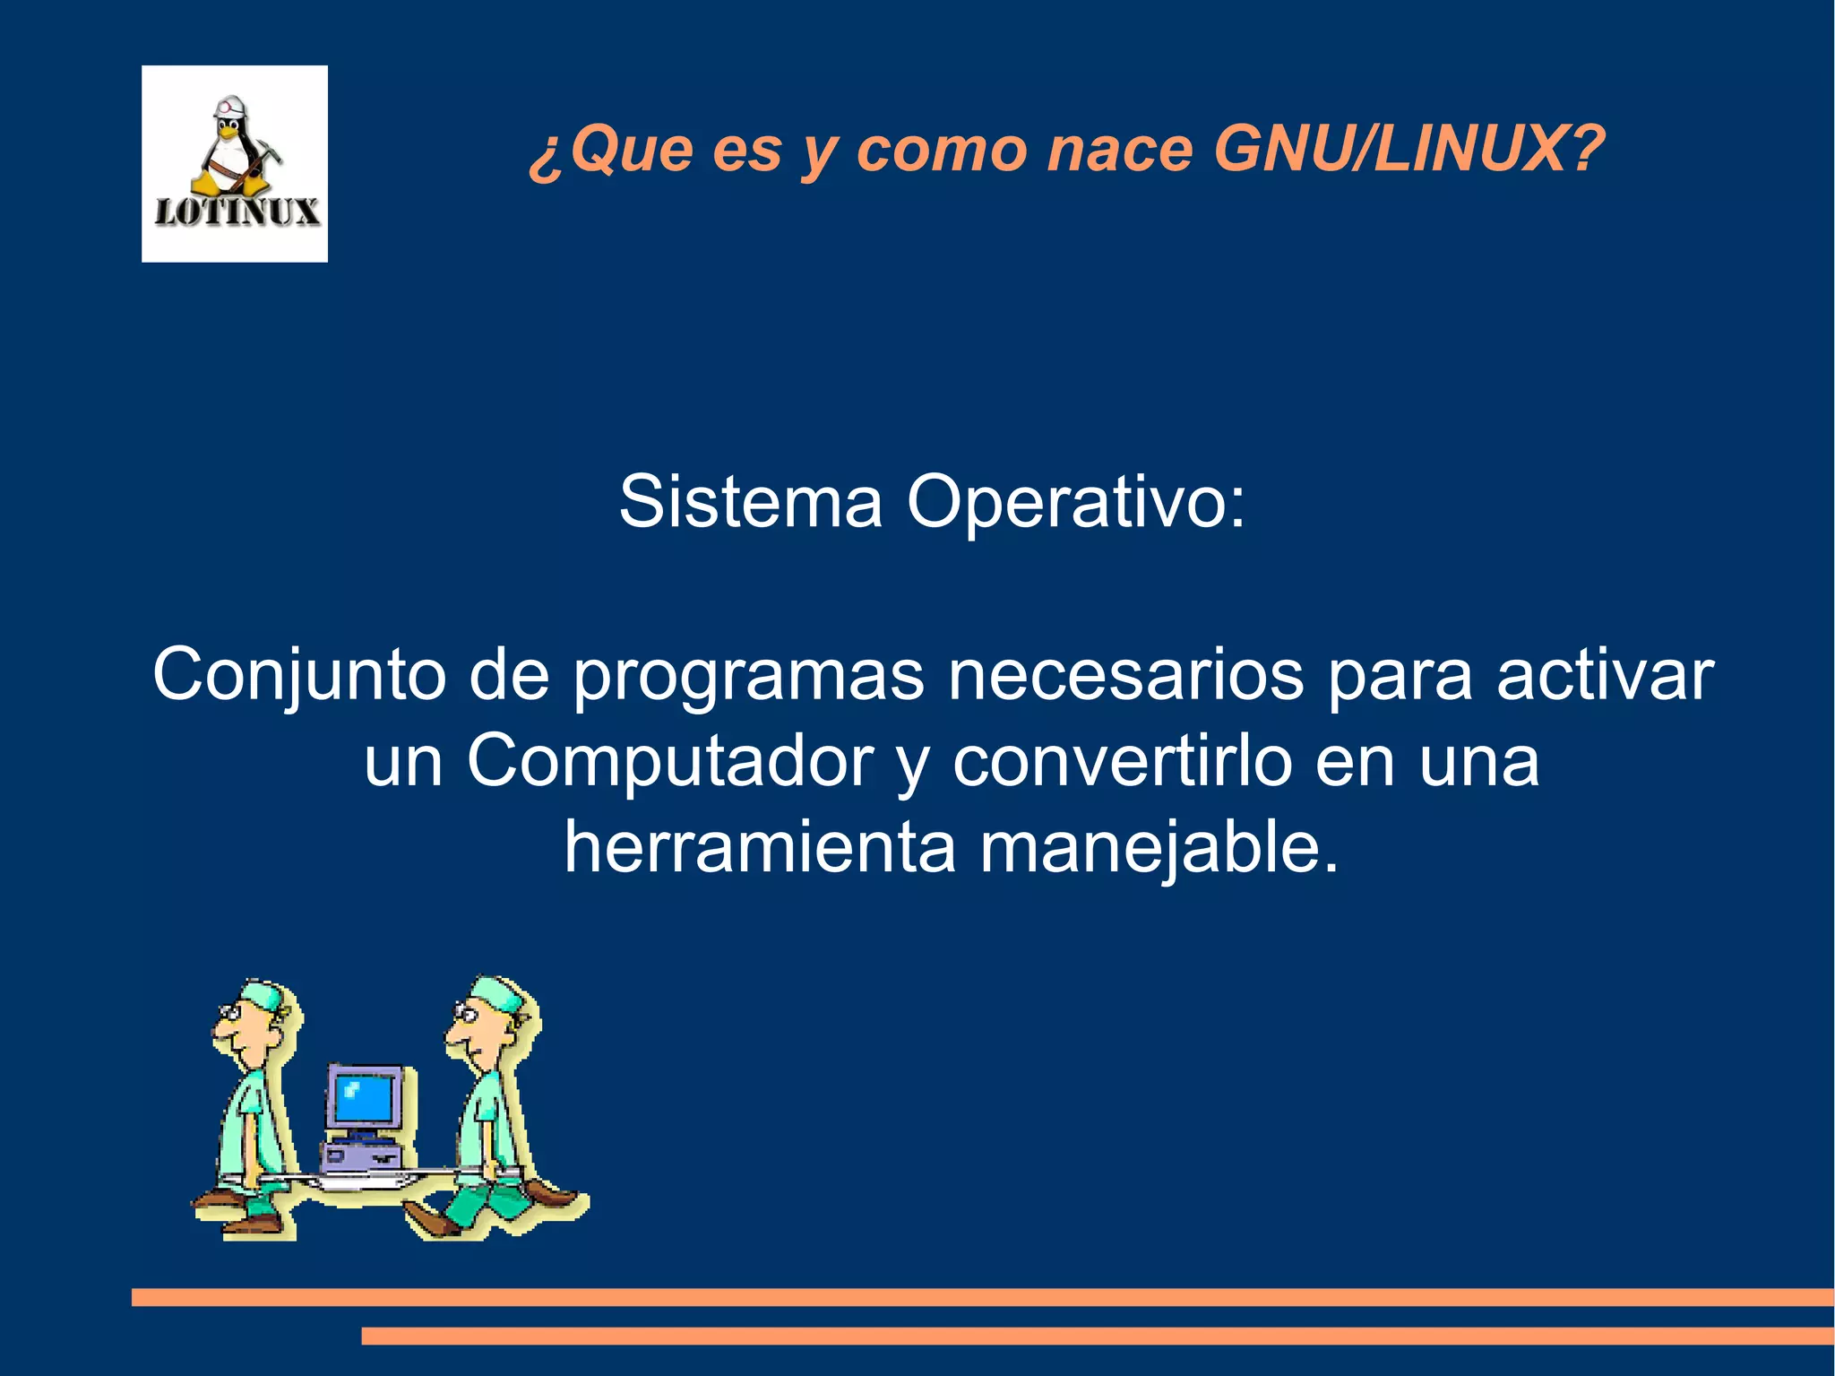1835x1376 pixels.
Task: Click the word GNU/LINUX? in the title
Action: pos(1408,149)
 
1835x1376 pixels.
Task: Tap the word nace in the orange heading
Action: pos(1120,149)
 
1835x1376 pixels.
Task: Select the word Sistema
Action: pos(751,502)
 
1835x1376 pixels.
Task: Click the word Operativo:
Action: pos(1075,504)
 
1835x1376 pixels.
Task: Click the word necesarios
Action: pos(1125,675)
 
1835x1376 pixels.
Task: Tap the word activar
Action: pos(1605,675)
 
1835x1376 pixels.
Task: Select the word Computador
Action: pos(669,763)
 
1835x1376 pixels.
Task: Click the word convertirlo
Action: pos(1123,761)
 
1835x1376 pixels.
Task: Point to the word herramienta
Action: pos(760,847)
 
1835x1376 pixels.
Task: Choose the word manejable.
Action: pos(1159,849)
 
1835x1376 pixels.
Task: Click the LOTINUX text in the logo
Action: pos(237,212)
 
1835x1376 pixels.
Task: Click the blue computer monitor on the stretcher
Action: pos(363,1098)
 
